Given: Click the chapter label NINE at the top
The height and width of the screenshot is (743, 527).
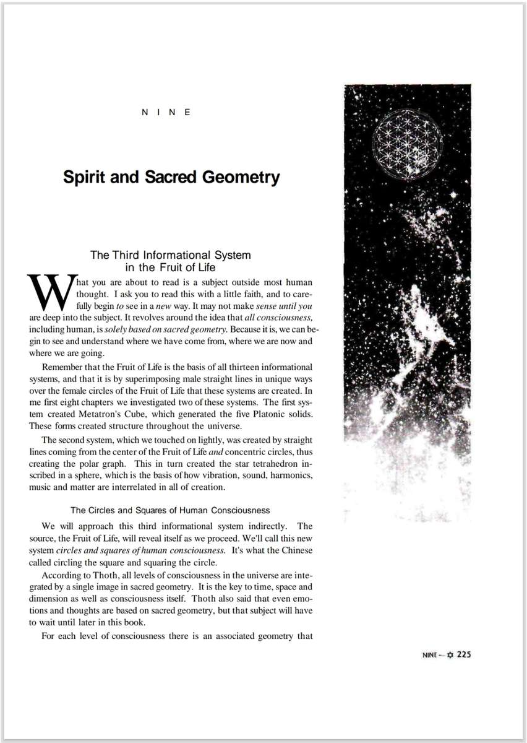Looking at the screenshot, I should [166, 112].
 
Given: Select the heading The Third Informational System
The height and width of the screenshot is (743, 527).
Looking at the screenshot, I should [170, 255].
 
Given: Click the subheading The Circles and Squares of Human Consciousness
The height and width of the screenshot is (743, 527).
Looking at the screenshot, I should [170, 511].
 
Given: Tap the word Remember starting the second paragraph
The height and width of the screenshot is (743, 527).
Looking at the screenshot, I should [62, 367].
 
